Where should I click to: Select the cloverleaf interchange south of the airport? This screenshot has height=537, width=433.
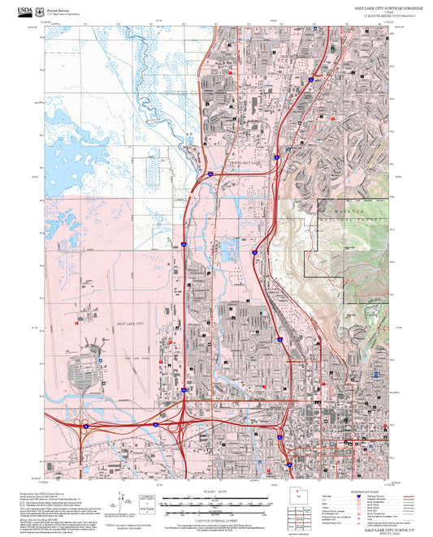(84, 424)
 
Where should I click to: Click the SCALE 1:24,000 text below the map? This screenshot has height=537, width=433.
(215, 492)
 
